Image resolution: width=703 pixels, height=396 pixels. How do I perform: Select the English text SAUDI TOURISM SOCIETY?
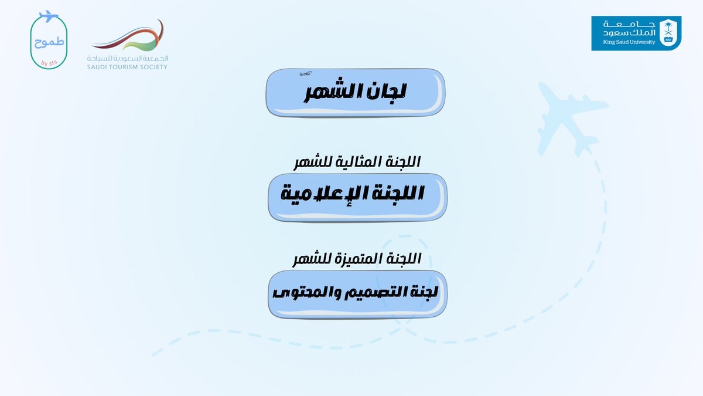[127, 67]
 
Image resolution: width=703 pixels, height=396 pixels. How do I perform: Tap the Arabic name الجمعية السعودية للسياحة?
[127, 59]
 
